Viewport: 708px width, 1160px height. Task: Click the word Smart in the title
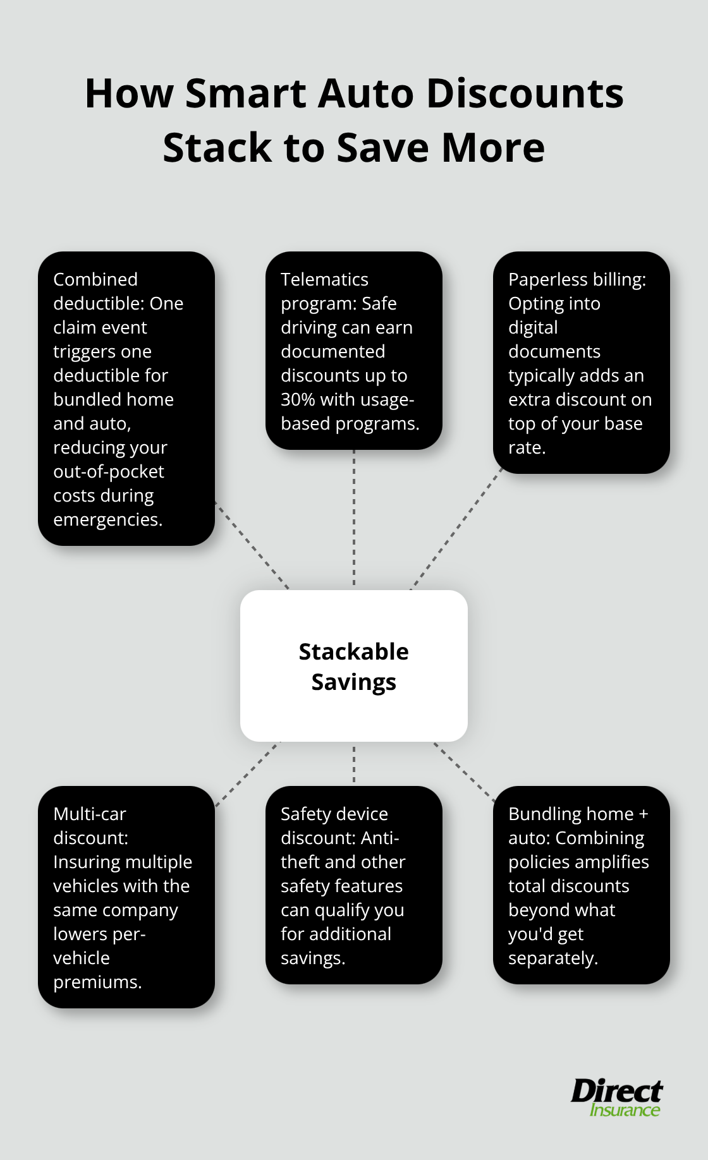(x=246, y=94)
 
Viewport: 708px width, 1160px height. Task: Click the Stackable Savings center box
(x=353, y=666)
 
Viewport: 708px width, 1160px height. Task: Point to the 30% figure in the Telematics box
(x=298, y=399)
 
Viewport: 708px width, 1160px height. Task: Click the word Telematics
(x=324, y=279)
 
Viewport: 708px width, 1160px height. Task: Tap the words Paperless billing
(x=577, y=279)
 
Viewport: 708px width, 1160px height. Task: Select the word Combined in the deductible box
(x=95, y=279)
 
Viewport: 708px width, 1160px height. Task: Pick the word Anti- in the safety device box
(x=380, y=838)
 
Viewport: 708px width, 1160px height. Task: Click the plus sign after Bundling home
(x=643, y=814)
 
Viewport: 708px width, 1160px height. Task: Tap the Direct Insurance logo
(x=616, y=1098)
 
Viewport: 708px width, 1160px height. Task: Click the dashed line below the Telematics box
(x=354, y=518)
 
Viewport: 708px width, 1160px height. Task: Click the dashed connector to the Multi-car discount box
(x=248, y=773)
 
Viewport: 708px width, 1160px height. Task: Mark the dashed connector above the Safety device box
(x=354, y=763)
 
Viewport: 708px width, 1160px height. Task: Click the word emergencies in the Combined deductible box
(x=107, y=519)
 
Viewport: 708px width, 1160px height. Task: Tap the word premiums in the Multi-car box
(x=97, y=982)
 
